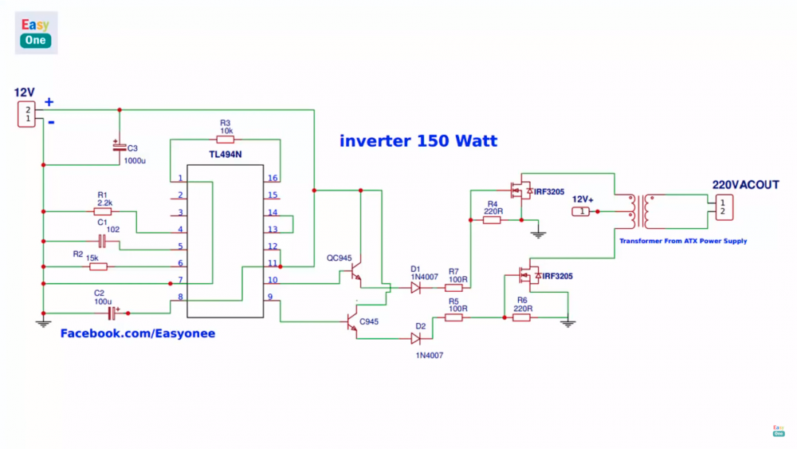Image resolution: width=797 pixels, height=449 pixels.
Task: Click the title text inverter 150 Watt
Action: click(x=418, y=141)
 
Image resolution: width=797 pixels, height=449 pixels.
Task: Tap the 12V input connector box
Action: click(x=27, y=113)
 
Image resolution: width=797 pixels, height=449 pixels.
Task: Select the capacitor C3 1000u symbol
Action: click(x=119, y=148)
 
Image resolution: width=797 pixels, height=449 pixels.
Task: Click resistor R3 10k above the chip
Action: click(x=225, y=140)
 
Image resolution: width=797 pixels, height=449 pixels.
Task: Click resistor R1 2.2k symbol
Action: click(x=102, y=212)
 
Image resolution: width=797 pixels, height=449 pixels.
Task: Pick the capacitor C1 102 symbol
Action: click(x=102, y=241)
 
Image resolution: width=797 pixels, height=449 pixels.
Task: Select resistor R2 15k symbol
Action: click(x=99, y=266)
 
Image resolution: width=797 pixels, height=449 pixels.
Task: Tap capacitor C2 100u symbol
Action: click(x=112, y=313)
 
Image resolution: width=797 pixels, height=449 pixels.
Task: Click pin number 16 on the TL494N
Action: click(x=273, y=178)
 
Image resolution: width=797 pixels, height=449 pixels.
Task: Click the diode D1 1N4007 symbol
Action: click(x=415, y=288)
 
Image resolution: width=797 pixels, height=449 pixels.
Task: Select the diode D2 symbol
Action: click(x=415, y=337)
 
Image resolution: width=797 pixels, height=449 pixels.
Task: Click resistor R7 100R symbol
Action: click(x=453, y=288)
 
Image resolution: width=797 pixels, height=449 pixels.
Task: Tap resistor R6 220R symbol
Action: click(x=522, y=317)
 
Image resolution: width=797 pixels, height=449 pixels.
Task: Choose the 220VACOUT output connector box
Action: click(x=722, y=207)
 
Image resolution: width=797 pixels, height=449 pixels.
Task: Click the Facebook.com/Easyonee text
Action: click(x=138, y=333)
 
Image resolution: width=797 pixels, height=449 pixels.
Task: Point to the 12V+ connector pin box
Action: click(x=583, y=211)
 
